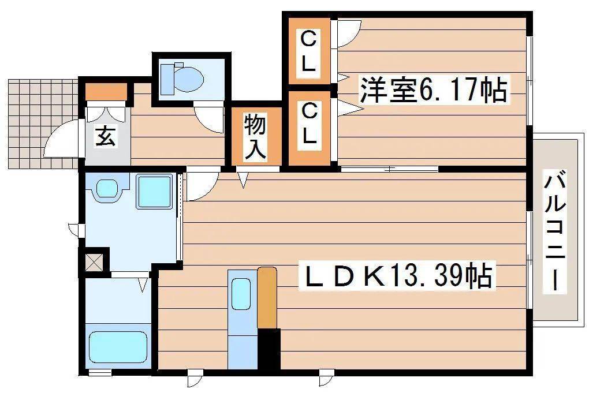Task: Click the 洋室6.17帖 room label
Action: pos(434,89)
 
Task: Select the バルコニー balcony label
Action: pos(555,231)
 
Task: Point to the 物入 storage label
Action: pos(256,137)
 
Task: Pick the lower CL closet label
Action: pos(309,124)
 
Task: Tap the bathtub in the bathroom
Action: pos(118,347)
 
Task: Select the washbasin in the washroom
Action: pos(107,188)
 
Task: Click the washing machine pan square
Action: pos(154,192)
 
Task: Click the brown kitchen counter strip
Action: pos(267,297)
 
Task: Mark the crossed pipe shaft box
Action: pos(94,262)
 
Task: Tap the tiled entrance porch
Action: pos(43,124)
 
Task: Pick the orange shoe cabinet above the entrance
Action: pos(106,92)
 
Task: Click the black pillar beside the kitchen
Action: pos(269,349)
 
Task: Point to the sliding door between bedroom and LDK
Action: pos(389,169)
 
